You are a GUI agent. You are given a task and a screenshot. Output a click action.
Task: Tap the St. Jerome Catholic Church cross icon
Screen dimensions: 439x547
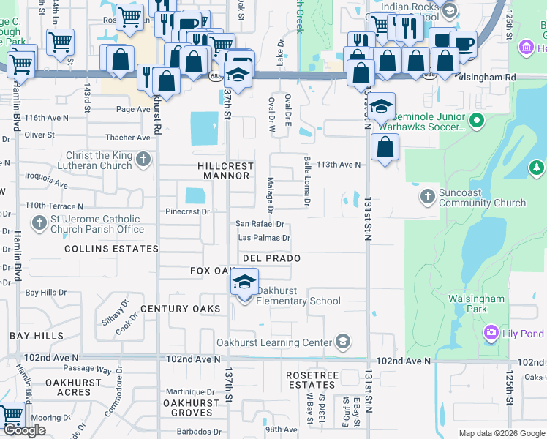39,222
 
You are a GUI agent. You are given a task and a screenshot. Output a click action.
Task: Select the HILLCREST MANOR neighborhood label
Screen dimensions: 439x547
226,170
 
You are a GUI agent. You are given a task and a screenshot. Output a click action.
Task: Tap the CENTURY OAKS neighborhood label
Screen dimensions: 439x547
180,309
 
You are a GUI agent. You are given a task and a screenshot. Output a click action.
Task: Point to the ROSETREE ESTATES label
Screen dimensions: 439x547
311,380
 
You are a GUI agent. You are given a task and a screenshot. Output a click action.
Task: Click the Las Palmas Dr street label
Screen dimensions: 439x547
264,238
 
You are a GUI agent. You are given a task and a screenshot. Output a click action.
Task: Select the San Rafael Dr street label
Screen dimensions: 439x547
259,224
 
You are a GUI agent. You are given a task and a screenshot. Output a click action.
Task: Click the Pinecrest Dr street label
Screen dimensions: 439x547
188,211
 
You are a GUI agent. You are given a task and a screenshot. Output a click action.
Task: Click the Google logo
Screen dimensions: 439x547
24,430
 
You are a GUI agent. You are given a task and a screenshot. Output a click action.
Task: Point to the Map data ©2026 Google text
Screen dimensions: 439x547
500,433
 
